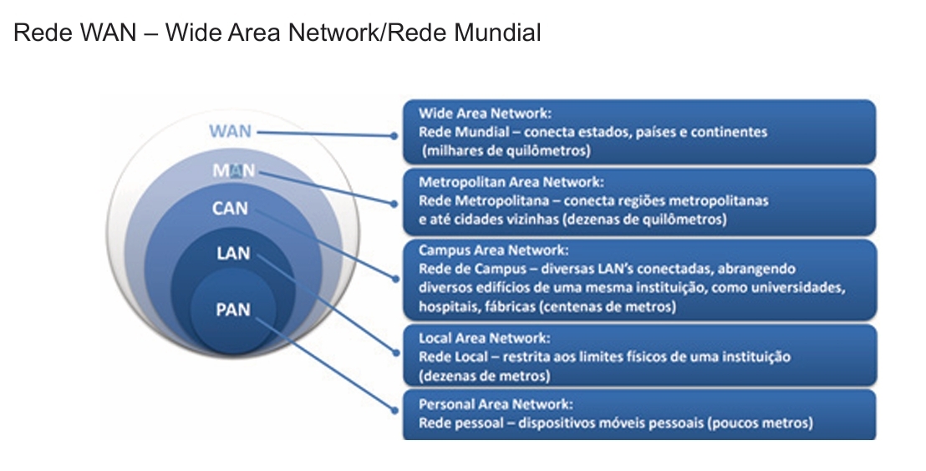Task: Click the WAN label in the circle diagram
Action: click(x=231, y=131)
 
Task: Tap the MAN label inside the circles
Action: click(x=234, y=171)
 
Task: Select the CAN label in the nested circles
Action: click(x=231, y=208)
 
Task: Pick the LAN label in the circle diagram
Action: click(x=233, y=252)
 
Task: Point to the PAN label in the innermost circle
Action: click(x=233, y=309)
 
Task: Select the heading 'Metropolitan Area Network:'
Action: click(x=511, y=182)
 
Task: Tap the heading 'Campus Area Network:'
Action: click(x=493, y=250)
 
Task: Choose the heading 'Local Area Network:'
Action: click(x=485, y=338)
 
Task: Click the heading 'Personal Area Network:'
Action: click(x=496, y=404)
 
